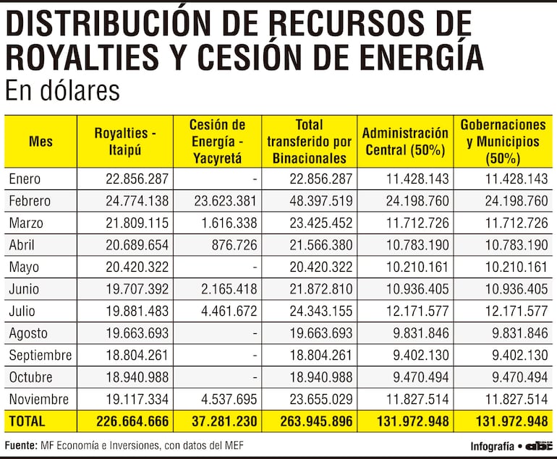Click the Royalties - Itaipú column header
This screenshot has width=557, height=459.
124,142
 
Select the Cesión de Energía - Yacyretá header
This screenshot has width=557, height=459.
217,142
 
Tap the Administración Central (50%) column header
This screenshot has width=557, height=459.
405,142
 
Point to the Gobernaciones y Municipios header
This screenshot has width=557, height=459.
503,142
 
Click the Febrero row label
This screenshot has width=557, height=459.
30,200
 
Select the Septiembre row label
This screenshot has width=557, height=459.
41,355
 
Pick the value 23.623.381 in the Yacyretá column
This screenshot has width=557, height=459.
225,200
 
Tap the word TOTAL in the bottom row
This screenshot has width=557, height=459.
27,421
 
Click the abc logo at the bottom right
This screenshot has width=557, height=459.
538,446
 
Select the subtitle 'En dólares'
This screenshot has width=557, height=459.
61,92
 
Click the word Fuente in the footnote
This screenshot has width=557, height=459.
20,445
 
